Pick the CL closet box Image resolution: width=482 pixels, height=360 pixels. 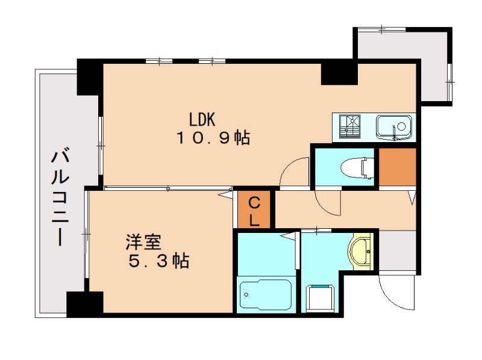(x=254, y=209)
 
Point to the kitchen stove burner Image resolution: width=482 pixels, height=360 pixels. (x=350, y=127)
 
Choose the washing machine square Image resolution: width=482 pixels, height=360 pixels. (x=320, y=298)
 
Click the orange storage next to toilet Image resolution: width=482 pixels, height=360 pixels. (x=397, y=166)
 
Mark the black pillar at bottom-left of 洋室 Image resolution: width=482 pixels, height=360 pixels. (x=84, y=304)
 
